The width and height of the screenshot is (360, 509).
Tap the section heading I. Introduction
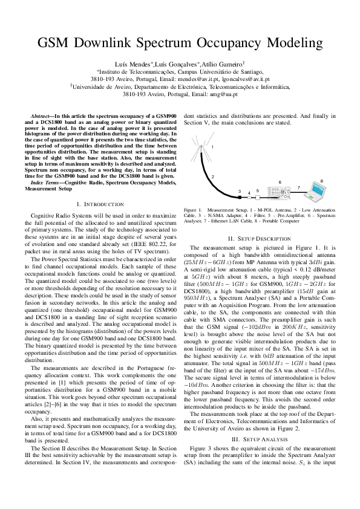pos(100,204)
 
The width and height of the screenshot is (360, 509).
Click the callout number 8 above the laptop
pos(321,180)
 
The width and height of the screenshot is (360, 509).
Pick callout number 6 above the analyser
pos(280,181)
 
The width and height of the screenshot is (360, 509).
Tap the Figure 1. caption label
pos(194,210)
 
